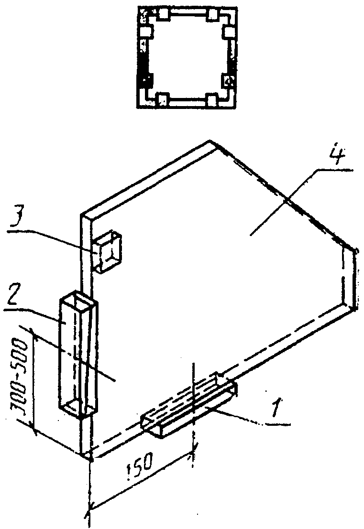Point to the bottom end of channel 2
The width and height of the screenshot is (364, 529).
[x=79, y=408]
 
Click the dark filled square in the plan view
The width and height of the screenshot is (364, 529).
[x=145, y=79]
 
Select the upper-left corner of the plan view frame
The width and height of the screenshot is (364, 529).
[x=137, y=7]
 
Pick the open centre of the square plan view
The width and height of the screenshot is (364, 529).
[x=187, y=57]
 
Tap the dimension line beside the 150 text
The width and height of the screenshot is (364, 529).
[x=141, y=481]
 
